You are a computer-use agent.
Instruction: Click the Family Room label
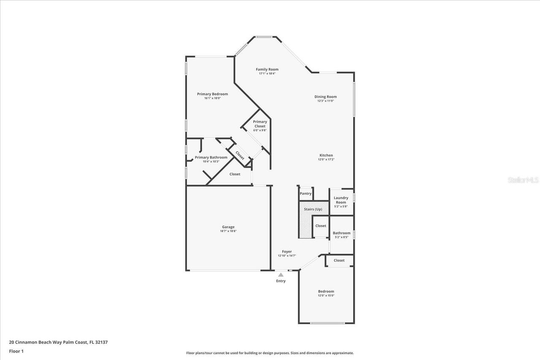267,70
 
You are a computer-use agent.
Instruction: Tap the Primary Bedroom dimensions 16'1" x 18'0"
212,98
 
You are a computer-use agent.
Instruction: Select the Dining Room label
325,97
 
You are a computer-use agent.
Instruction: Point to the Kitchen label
326,155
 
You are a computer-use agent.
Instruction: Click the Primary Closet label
260,124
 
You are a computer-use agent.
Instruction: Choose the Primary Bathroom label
211,157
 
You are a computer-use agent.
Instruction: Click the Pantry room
305,193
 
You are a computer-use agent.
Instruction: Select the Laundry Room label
341,200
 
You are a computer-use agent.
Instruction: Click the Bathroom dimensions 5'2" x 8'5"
341,237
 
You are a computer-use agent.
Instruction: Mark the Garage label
228,227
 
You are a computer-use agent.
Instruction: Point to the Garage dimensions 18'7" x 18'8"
228,231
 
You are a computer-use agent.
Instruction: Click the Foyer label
287,252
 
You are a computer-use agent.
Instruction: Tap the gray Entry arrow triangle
281,275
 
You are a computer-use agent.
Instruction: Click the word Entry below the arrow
281,281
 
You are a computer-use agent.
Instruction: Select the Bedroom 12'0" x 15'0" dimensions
326,296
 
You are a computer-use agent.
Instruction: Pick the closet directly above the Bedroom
339,261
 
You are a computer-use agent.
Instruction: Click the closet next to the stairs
321,226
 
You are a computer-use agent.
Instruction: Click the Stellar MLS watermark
523,180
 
